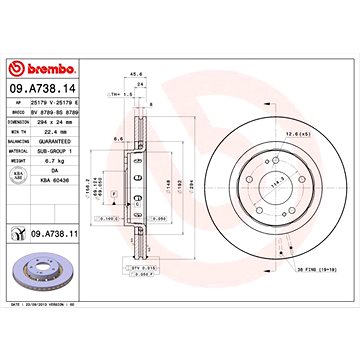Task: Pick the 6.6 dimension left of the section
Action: (x=118, y=140)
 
